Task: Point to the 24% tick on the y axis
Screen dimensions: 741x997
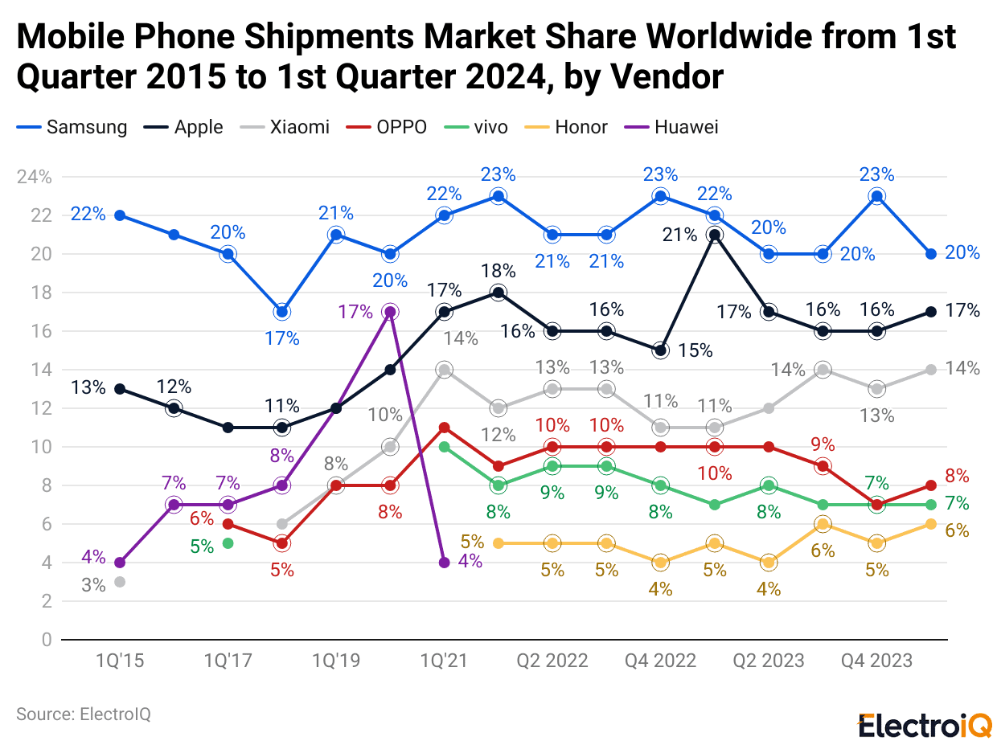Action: pos(35,177)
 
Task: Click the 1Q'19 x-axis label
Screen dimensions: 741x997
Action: pos(336,661)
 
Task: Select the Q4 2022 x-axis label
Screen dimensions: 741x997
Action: pos(660,661)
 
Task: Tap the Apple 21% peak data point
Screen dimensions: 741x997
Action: pos(714,235)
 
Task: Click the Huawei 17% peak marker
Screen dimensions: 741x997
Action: pos(390,312)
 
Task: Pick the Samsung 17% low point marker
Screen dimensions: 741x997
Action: pos(282,312)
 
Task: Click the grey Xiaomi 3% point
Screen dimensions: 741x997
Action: pos(120,582)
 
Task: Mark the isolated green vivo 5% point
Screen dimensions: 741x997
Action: pos(228,543)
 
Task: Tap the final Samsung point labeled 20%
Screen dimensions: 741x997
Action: pos(930,254)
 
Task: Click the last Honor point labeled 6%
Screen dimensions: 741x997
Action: pos(930,524)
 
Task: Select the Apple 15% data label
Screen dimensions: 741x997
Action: pos(695,350)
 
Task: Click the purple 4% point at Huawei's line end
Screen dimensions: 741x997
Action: pos(444,563)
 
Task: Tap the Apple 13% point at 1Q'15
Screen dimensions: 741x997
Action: pos(120,389)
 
